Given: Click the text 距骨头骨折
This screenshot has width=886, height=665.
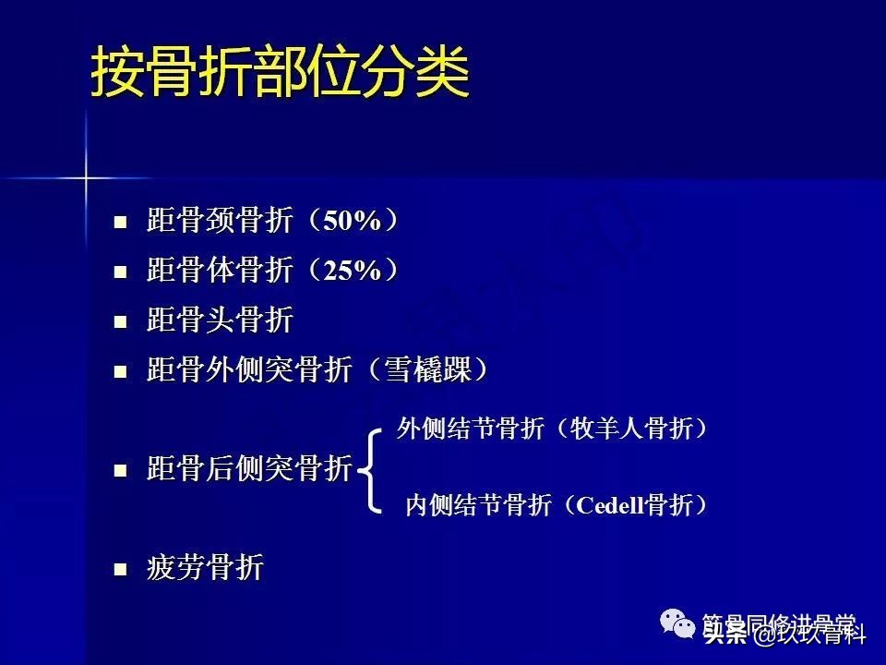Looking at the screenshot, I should coord(220,321).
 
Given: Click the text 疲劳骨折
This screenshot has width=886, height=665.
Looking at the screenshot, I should coord(205,568).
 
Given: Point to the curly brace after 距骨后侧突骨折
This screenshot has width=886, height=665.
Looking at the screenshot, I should coord(369,469).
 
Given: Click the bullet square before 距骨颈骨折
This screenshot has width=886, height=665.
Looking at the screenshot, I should coord(119,223).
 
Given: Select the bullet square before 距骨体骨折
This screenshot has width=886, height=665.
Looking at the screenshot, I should coord(119,272).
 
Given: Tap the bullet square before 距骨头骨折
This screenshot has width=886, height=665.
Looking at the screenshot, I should coord(119,322).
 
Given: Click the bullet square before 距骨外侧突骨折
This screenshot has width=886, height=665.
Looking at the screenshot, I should coord(119,372).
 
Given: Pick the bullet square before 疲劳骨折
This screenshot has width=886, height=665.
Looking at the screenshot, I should coord(119,569).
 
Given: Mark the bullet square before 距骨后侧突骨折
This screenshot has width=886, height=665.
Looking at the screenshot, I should coord(119,470).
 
